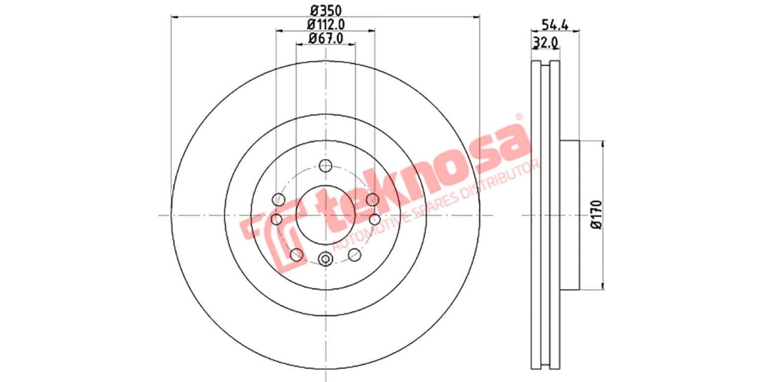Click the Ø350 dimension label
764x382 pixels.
326,10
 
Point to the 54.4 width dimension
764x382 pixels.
555,25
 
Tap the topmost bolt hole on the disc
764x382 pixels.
326,166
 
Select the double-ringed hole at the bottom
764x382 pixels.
326,258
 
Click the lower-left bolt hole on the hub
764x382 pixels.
296,255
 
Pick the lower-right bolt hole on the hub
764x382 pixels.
355,255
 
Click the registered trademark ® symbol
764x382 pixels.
518,117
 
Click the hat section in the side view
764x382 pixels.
570,215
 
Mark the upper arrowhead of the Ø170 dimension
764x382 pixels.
603,144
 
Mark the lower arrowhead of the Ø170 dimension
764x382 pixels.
603,286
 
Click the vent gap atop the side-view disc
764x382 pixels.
545,64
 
